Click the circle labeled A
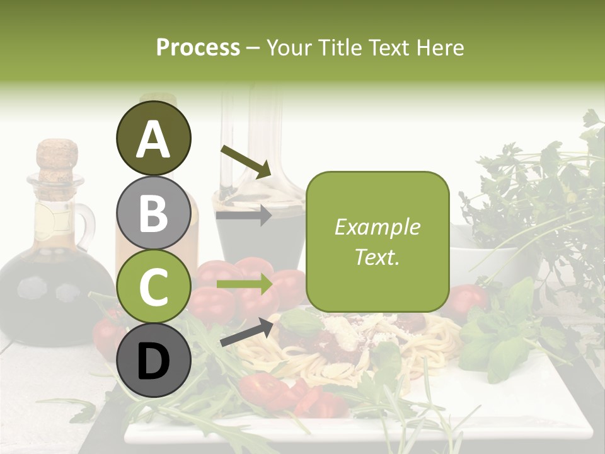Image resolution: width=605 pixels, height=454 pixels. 153,138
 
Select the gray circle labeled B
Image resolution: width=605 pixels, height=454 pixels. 153,212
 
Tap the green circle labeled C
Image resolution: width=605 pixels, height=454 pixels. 153,287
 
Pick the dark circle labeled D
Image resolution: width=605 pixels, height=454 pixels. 153,361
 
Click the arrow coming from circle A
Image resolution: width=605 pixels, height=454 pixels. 245,161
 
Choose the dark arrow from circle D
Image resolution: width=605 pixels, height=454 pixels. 246,332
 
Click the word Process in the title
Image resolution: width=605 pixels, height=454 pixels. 198,48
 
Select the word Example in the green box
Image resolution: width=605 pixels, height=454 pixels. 377,227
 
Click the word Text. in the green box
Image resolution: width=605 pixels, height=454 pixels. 377,257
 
